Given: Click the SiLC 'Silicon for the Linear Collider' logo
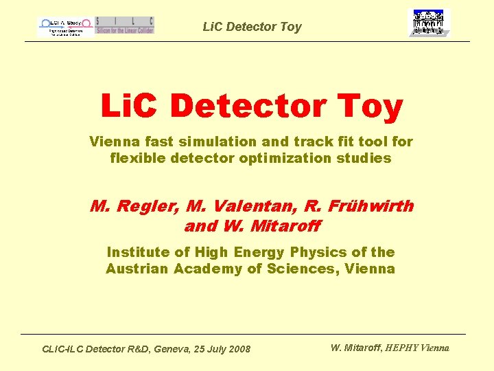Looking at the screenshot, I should tap(125, 25).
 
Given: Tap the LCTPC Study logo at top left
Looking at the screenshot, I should tap(64, 26).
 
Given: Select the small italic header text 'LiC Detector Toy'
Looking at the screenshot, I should tap(252, 27).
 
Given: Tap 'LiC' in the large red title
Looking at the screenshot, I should tap(131, 106).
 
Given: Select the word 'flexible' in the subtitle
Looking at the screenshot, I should tap(135, 158).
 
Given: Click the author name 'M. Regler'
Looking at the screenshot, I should tap(134, 206).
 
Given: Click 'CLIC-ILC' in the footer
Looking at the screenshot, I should tap(64, 349).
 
